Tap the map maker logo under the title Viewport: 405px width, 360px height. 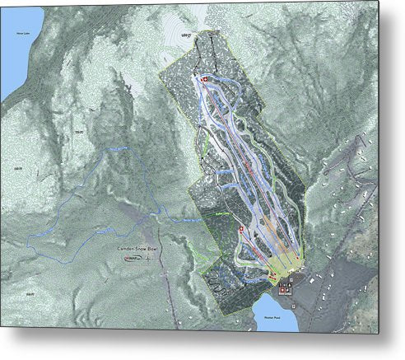click(132, 257)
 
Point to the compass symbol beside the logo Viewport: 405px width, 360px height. click(151, 257)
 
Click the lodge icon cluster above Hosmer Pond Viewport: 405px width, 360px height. click(285, 287)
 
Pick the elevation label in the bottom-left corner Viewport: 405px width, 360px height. click(30, 294)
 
